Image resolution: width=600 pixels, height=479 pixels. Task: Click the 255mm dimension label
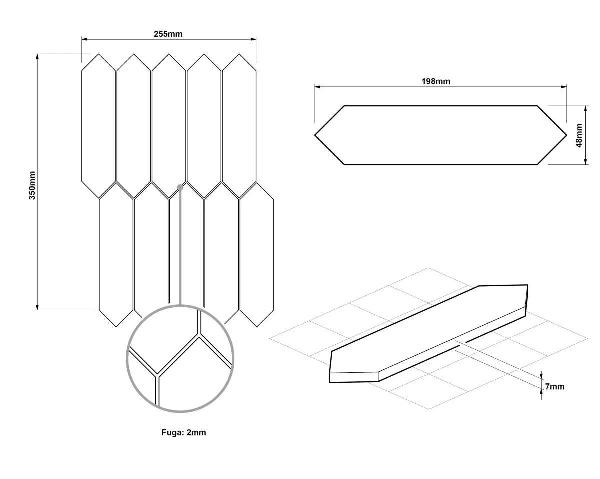168,34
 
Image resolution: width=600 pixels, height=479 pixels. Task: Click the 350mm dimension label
32,185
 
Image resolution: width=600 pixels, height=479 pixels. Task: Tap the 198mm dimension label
436,81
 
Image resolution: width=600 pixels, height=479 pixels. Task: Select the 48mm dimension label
579,136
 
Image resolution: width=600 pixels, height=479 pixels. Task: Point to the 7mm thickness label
555,386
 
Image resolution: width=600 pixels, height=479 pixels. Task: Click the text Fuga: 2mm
184,432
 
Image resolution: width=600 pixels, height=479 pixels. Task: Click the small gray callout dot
180,187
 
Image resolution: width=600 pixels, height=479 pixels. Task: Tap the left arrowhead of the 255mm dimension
84,39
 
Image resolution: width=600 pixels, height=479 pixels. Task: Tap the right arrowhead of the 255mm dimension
253,39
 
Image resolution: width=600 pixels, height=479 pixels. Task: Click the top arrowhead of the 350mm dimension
37,57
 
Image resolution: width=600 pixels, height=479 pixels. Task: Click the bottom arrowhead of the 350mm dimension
37,307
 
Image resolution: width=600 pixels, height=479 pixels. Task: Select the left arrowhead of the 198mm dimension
318,87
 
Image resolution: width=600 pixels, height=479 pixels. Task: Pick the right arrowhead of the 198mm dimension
564,87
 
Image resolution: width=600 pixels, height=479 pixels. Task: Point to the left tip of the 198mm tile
315,135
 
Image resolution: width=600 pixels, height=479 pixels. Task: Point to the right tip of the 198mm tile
567,135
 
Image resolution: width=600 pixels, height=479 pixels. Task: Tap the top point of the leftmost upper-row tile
98,54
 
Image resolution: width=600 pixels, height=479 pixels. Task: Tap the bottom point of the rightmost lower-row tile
257,327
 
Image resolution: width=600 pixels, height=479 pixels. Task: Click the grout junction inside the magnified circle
199,335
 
